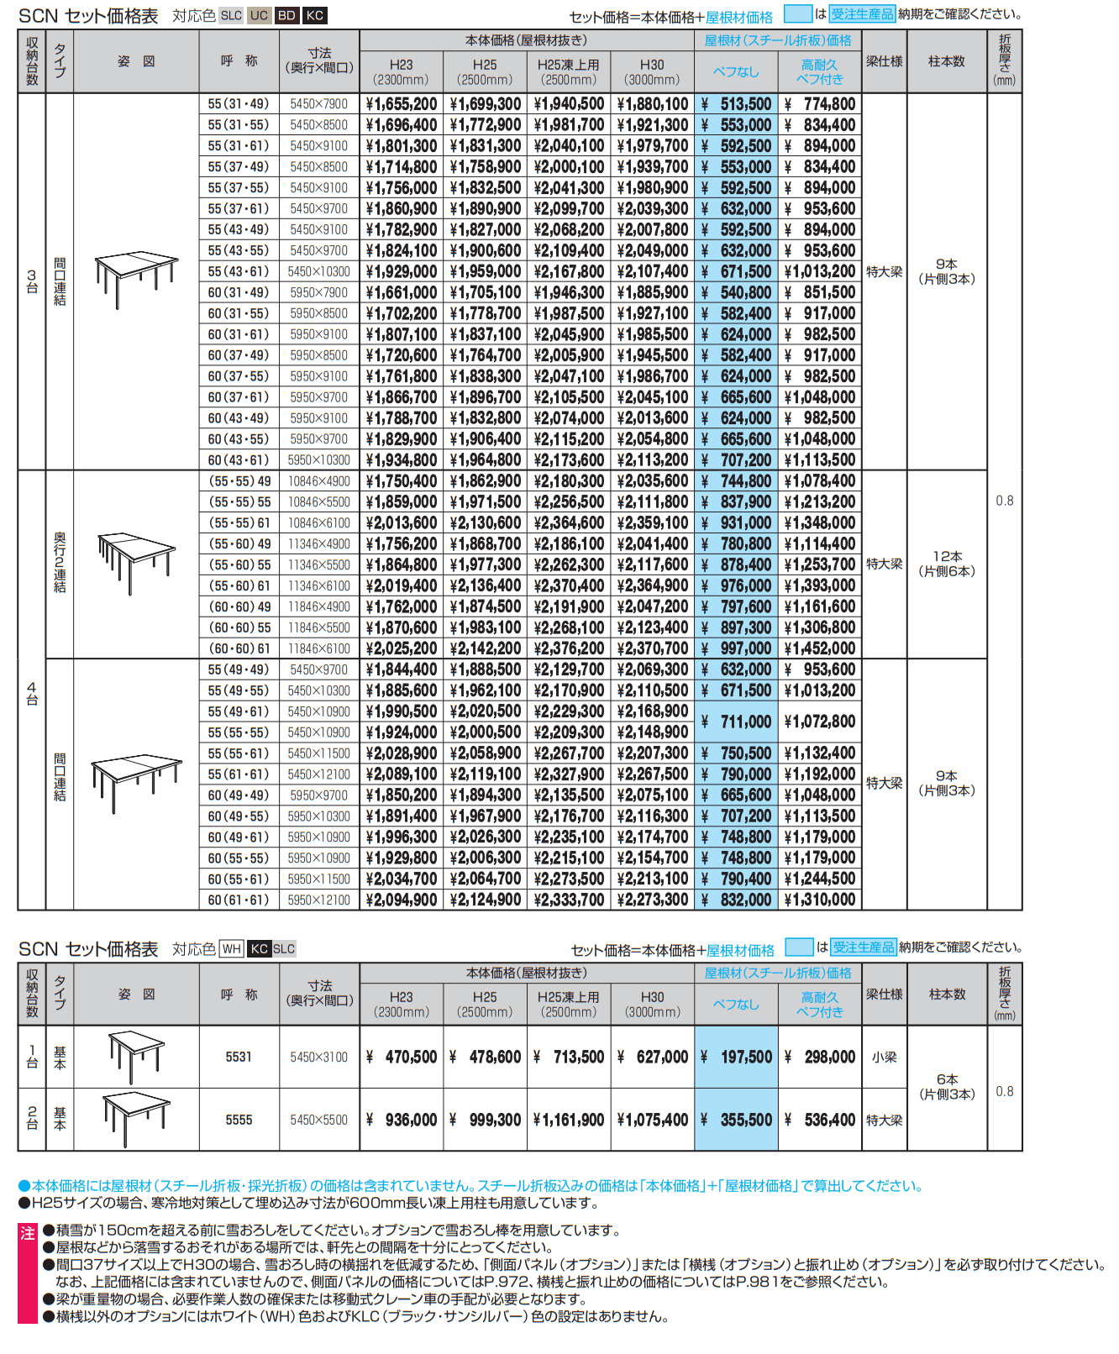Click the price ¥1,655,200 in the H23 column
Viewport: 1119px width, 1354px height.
tap(402, 104)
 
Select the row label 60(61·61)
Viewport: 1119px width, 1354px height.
tap(239, 900)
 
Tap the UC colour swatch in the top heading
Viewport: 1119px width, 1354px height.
tap(259, 15)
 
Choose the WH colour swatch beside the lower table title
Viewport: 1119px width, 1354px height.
tap(231, 948)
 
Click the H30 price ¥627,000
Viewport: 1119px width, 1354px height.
tap(653, 1057)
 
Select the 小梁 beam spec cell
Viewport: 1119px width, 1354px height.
tap(884, 1057)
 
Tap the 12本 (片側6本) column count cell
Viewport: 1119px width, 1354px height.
tap(947, 564)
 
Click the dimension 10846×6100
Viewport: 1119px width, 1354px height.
tap(319, 522)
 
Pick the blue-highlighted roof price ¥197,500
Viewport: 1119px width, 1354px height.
tap(737, 1057)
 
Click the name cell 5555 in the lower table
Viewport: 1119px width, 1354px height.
tap(239, 1120)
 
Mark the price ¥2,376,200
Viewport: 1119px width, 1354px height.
tap(569, 648)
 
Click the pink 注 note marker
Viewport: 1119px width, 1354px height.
tap(28, 1233)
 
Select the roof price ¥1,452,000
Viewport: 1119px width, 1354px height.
tap(820, 648)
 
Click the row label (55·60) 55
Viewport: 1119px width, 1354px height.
tap(239, 564)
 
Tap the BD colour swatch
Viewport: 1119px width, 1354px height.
tap(286, 15)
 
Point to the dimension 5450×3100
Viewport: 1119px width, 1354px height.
tap(319, 1057)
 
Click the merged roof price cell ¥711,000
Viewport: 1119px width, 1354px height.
tap(737, 722)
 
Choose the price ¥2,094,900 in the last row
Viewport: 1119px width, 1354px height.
tap(402, 900)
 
